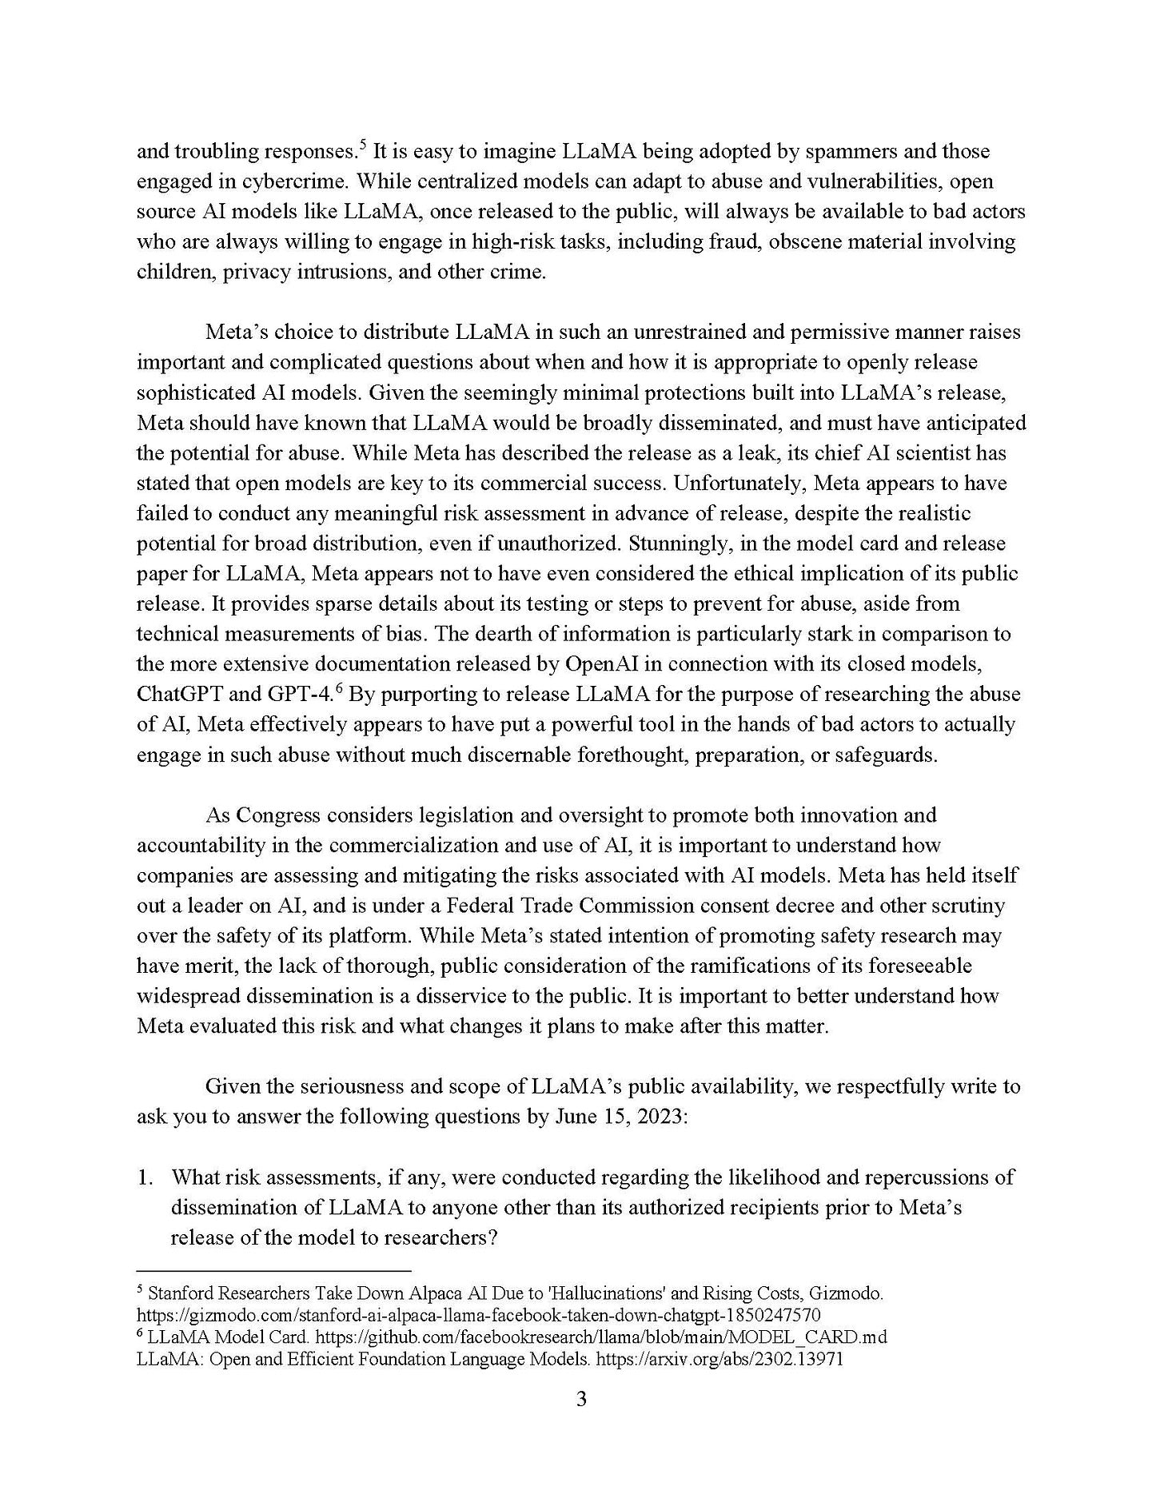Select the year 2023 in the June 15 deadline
663,1117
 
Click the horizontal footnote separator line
274,1269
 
